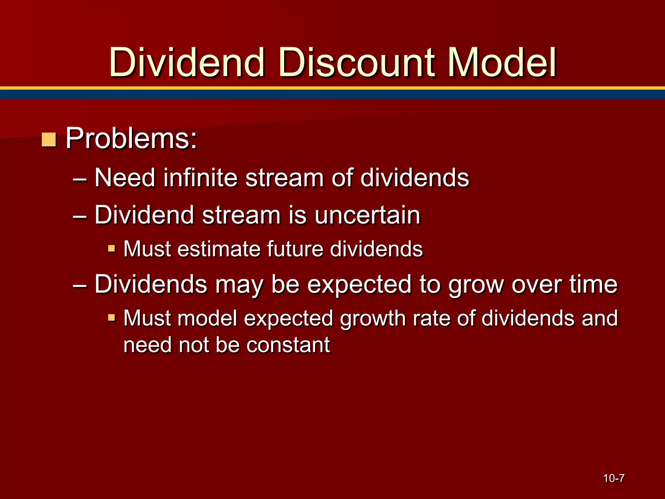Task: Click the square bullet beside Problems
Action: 49,139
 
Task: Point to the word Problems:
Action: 131,139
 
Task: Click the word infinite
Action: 200,178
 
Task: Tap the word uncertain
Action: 367,215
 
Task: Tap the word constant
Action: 288,345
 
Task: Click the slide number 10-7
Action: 614,478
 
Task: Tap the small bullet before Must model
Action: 111,317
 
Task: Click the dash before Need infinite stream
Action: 80,179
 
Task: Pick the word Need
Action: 125,178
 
